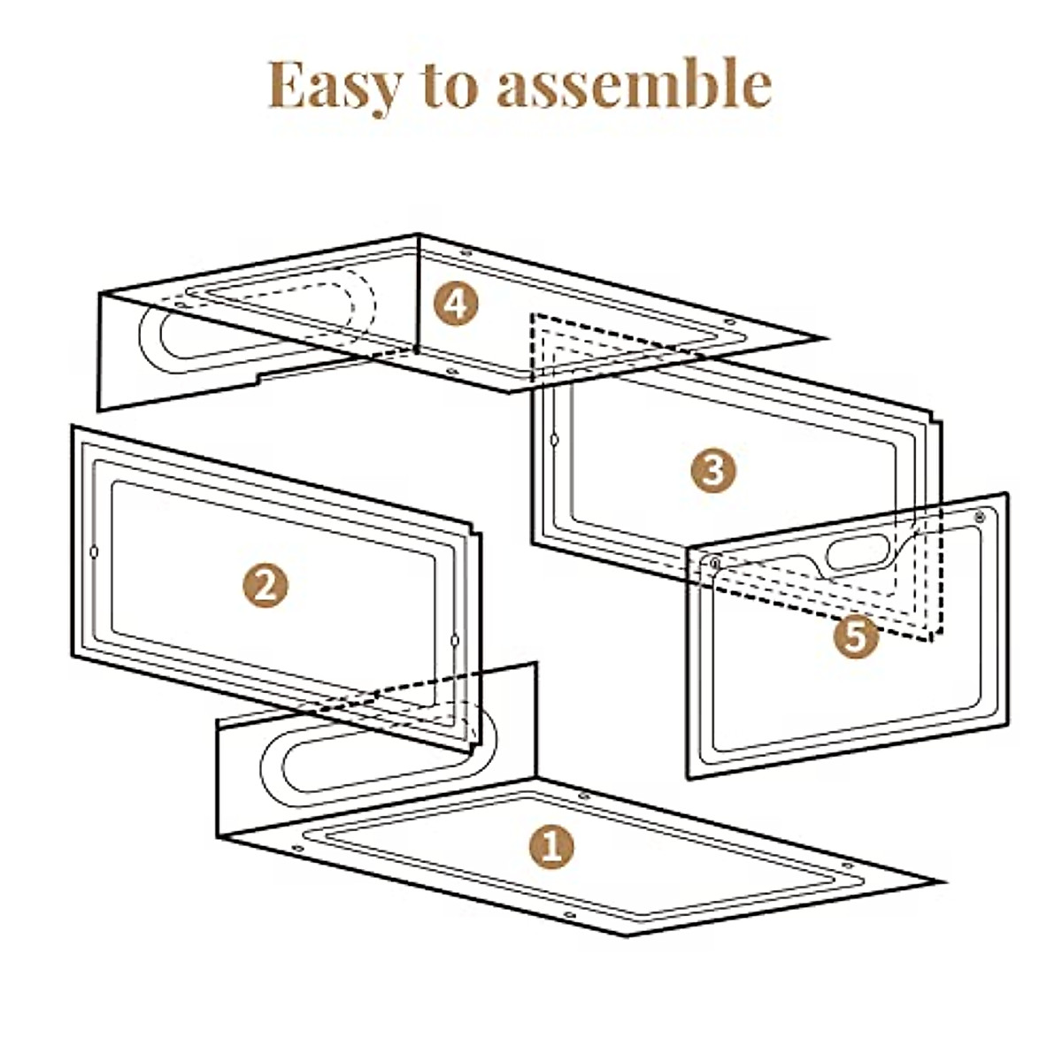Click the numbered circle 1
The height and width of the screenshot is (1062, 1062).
[x=550, y=847]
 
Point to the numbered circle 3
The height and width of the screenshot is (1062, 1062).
[x=713, y=469]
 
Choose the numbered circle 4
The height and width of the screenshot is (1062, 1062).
[x=456, y=304]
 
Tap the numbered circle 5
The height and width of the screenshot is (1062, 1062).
[x=855, y=635]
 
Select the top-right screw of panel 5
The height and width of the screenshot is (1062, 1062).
[x=979, y=517]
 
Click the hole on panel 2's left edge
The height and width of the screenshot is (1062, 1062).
[x=95, y=553]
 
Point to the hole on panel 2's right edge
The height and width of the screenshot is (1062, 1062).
[x=454, y=640]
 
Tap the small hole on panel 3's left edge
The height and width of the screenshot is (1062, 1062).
[x=555, y=439]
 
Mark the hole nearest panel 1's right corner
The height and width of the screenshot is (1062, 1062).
[x=846, y=865]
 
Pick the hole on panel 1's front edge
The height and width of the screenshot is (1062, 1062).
[x=569, y=915]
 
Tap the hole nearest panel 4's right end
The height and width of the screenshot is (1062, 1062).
[x=729, y=322]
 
